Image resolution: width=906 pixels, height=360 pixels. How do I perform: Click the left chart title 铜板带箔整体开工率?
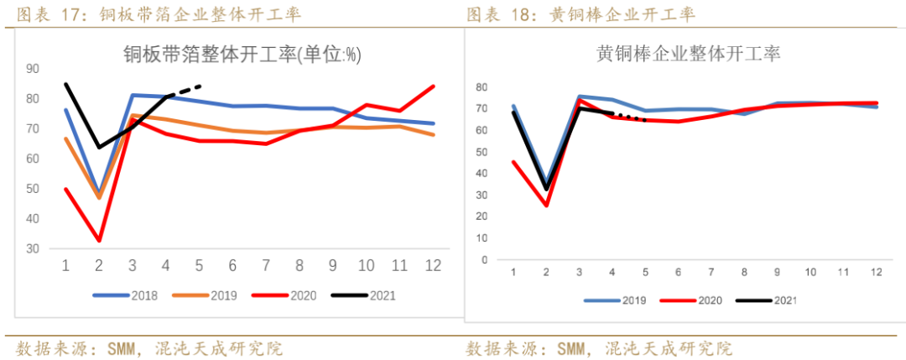pos(242,55)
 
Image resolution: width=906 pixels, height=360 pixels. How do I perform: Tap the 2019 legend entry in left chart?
pos(208,295)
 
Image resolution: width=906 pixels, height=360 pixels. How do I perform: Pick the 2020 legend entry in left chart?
pos(290,295)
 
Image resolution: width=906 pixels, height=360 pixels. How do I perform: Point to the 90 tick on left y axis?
pos(33,69)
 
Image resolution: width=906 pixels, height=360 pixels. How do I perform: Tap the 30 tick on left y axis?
pos(33,248)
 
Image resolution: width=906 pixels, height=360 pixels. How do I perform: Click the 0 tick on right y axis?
pos(484,259)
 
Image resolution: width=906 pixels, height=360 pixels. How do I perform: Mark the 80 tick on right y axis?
pos(482,87)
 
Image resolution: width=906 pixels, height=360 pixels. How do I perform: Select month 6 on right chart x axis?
pos(676,274)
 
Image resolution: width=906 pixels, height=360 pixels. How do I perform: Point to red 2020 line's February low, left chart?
pos(100,241)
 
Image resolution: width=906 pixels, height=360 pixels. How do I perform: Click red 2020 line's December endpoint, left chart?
pos(434,86)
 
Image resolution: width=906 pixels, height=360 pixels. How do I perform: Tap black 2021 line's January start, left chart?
pos(65,84)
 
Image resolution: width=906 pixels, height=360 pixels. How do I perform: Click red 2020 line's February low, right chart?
pos(546,205)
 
